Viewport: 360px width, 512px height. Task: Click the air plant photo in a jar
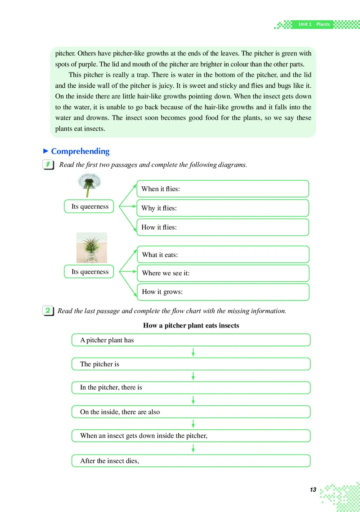pyautogui.click(x=92, y=247)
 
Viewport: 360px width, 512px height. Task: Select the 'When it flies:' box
pyautogui.click(x=223, y=189)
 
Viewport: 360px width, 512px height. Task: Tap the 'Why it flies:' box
pyautogui.click(x=223, y=208)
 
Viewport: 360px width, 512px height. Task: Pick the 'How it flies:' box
pyautogui.click(x=223, y=227)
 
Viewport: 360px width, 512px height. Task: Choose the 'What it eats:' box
pyautogui.click(x=223, y=255)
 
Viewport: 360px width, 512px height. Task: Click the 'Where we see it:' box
pyautogui.click(x=223, y=273)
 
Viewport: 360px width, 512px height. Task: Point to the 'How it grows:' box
pyautogui.click(x=223, y=292)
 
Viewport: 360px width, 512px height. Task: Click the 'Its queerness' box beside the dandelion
pyautogui.click(x=90, y=207)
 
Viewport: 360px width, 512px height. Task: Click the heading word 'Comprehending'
pyautogui.click(x=80, y=151)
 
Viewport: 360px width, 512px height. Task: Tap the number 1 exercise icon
pyautogui.click(x=48, y=165)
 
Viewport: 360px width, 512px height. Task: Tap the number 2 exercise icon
pyautogui.click(x=48, y=310)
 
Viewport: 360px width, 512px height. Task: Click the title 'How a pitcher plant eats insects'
pyautogui.click(x=191, y=325)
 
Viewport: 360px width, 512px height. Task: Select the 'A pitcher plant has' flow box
pyautogui.click(x=191, y=340)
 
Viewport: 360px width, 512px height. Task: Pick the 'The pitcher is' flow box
pyautogui.click(x=191, y=364)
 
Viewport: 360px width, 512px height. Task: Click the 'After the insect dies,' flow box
pyautogui.click(x=191, y=461)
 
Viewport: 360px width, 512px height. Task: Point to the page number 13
pyautogui.click(x=313, y=490)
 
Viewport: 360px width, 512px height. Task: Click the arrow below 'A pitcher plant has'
pyautogui.click(x=193, y=352)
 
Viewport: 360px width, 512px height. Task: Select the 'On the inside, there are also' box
pyautogui.click(x=191, y=412)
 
